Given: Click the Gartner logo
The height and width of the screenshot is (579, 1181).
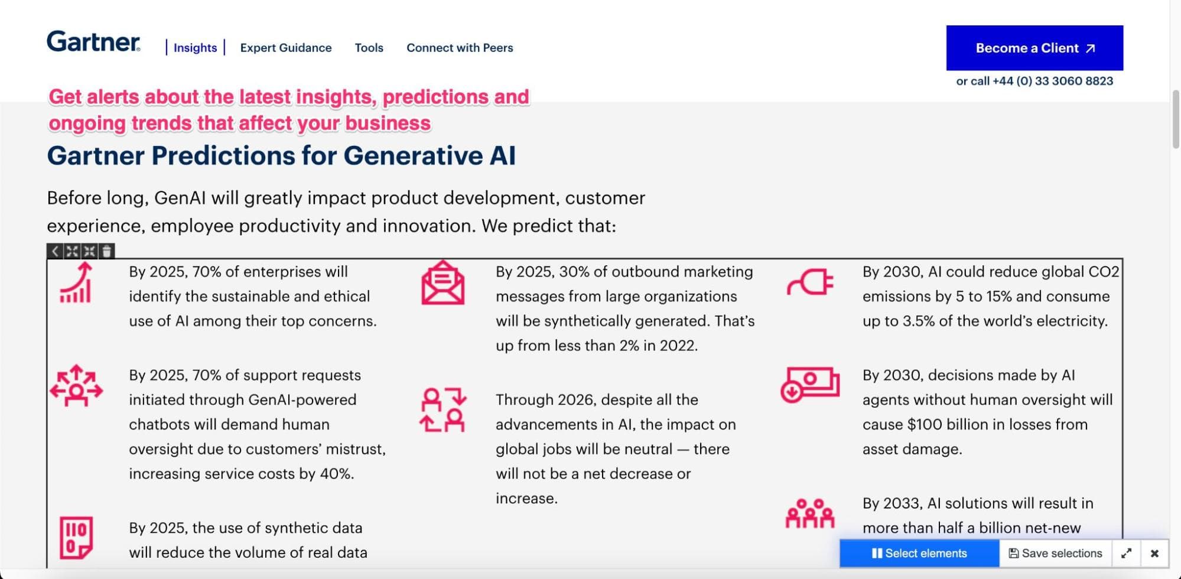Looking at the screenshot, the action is click(93, 41).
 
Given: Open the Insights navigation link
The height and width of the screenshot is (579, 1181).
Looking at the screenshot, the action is click(195, 48).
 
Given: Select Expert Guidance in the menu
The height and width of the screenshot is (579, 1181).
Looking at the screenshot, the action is click(286, 48).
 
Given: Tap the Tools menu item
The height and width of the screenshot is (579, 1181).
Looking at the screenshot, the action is click(369, 48).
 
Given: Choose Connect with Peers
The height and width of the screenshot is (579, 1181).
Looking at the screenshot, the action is click(460, 48).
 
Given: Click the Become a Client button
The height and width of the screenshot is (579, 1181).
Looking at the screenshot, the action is click(1034, 48).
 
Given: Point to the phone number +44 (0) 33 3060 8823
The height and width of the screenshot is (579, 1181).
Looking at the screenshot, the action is click(1053, 81).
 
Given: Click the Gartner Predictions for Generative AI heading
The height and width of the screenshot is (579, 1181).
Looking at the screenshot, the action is click(281, 156).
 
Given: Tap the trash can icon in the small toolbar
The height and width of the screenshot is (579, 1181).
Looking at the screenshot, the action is click(106, 251).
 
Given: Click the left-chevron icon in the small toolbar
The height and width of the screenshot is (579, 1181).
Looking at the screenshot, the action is click(55, 251).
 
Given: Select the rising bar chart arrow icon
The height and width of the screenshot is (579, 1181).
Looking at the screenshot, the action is click(76, 282).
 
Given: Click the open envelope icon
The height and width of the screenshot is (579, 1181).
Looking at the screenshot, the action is click(443, 282).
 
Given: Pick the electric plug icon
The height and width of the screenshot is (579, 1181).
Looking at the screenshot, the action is click(810, 282).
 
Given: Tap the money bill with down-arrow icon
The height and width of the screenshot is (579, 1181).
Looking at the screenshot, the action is click(809, 385).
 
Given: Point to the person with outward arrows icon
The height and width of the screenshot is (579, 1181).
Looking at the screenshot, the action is click(76, 386).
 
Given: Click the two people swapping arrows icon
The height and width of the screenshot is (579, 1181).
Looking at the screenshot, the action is click(443, 409).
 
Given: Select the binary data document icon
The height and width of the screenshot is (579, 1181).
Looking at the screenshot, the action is click(76, 538).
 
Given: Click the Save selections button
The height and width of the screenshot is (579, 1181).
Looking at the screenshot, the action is click(1055, 553).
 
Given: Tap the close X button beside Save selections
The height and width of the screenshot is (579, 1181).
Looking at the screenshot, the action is click(1154, 553).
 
